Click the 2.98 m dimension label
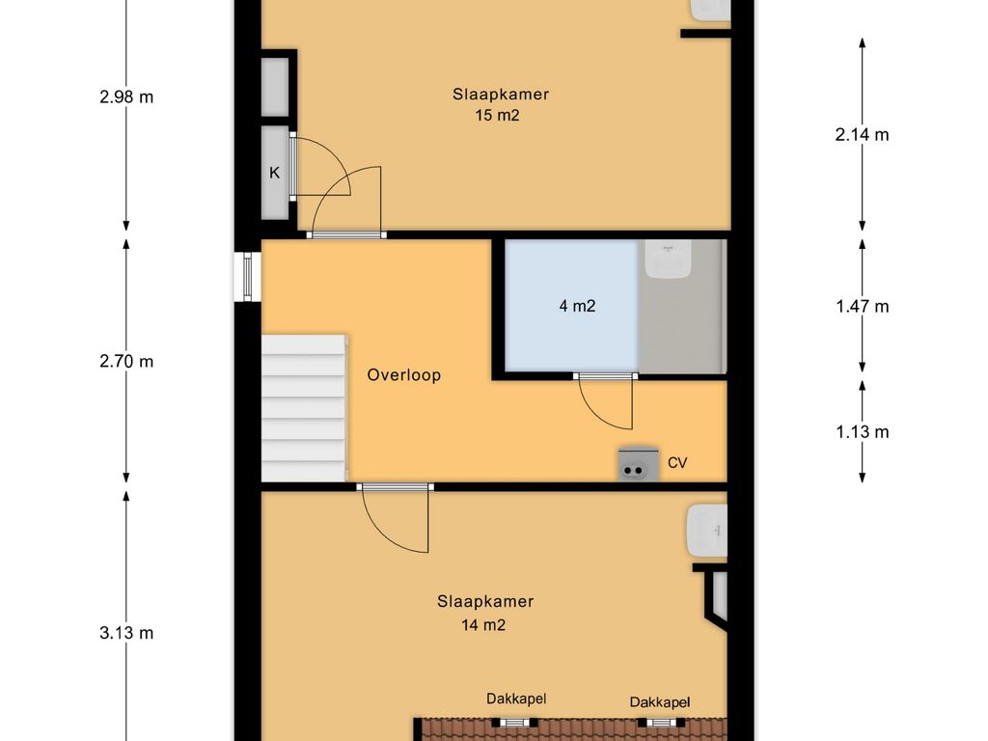point(126,96)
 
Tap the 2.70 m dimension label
point(126,362)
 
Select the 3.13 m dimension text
point(126,633)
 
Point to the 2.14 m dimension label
point(862,134)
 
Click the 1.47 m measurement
point(862,306)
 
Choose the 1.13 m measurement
point(862,431)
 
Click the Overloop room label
point(403,375)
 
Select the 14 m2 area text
point(484,624)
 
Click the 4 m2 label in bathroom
point(577,306)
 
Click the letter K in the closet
point(274,174)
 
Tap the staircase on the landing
point(304,407)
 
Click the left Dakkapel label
point(516,699)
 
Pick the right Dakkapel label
point(660,702)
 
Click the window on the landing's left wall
point(247,276)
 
